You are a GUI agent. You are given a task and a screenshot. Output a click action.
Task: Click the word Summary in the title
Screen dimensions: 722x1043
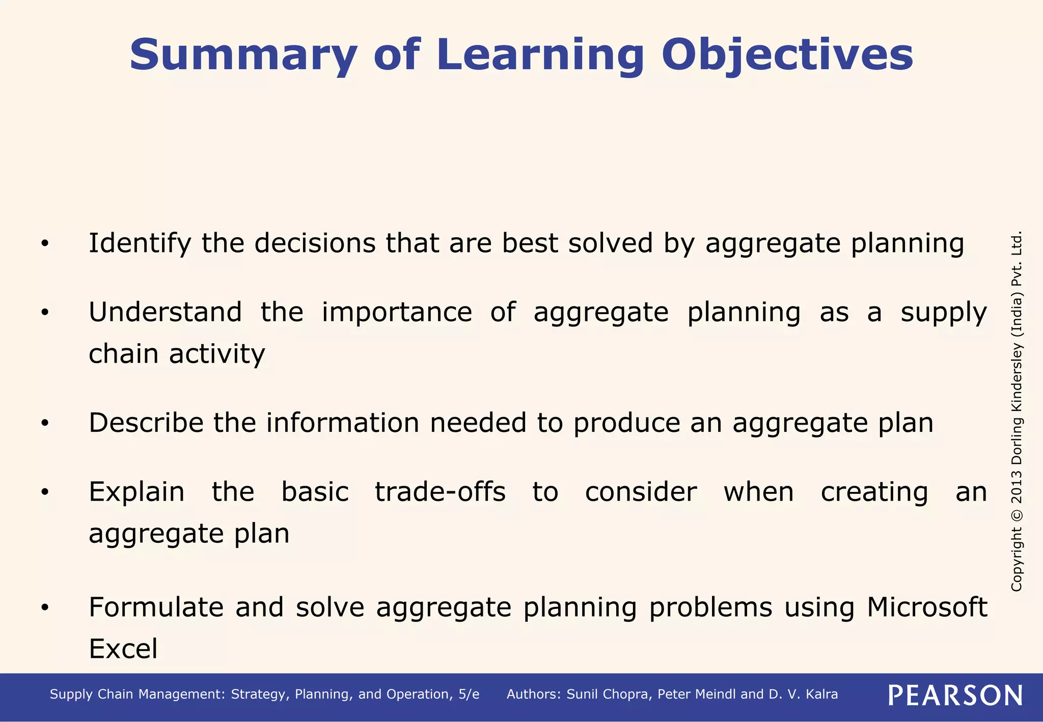[x=243, y=55]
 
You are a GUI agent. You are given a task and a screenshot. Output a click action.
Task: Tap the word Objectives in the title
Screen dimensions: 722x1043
[x=787, y=55]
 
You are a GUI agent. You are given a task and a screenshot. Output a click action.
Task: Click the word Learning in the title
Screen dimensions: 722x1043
[x=540, y=55]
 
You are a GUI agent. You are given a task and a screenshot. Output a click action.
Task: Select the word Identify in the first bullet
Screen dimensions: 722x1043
[x=140, y=243]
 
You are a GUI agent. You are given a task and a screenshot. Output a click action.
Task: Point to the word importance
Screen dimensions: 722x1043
[x=397, y=312]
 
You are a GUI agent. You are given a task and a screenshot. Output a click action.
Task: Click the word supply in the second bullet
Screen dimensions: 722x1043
[x=944, y=313]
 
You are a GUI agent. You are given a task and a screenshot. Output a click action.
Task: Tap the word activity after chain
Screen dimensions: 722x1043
[x=217, y=354]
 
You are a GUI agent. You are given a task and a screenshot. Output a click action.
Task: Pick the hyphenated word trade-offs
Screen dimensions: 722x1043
[x=440, y=492]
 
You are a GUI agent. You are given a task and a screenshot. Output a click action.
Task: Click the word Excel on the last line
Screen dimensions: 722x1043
[x=123, y=649]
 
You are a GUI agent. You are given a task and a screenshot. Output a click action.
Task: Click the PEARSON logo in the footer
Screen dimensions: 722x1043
[x=955, y=696]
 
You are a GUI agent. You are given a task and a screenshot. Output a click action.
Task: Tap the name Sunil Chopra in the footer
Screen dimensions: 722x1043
[x=608, y=695]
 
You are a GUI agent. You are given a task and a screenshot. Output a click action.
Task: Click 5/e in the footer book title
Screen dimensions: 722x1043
[x=469, y=695]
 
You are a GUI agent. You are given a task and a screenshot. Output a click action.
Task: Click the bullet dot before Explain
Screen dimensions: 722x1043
[x=45, y=492]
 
